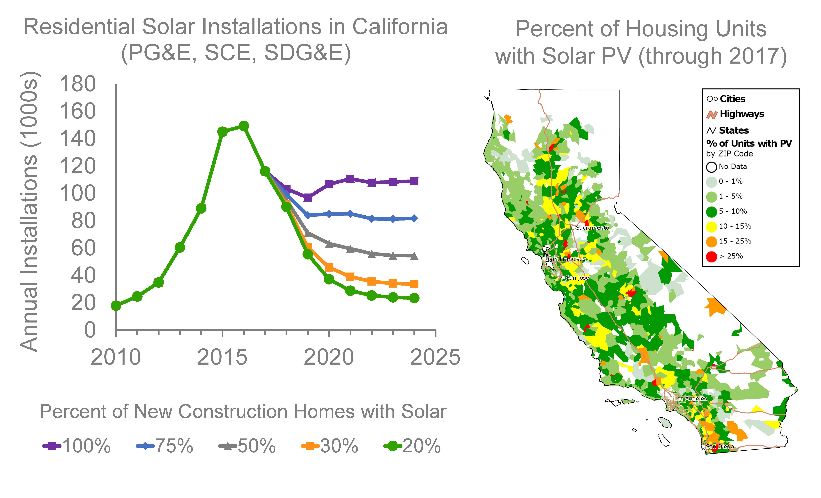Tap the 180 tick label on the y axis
click(x=77, y=84)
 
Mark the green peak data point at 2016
click(x=244, y=126)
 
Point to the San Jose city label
click(x=577, y=278)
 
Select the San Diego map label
click(x=720, y=446)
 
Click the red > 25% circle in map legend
click(x=711, y=257)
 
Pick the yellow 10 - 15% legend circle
click(x=711, y=227)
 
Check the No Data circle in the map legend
click(x=711, y=167)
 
